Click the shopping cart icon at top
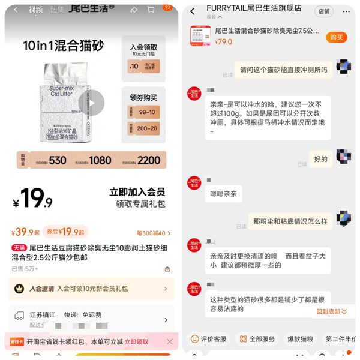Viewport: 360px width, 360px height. click(150, 10)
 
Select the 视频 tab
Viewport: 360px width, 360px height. click(36, 10)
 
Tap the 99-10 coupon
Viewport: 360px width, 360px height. click(143, 112)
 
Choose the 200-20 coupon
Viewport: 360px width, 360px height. click(143, 128)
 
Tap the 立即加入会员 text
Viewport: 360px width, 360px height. click(137, 193)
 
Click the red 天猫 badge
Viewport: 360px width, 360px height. click(19, 247)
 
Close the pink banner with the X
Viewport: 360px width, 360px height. click(170, 341)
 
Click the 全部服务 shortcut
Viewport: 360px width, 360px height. click(257, 339)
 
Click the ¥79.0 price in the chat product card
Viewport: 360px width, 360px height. click(224, 42)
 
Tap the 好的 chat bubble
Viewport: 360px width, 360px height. click(321, 159)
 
